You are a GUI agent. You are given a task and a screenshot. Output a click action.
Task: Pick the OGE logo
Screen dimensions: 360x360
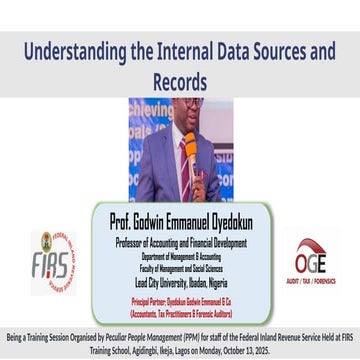point(310,258)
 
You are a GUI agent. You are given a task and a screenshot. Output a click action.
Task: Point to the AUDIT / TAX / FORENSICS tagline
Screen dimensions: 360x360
point(310,282)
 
